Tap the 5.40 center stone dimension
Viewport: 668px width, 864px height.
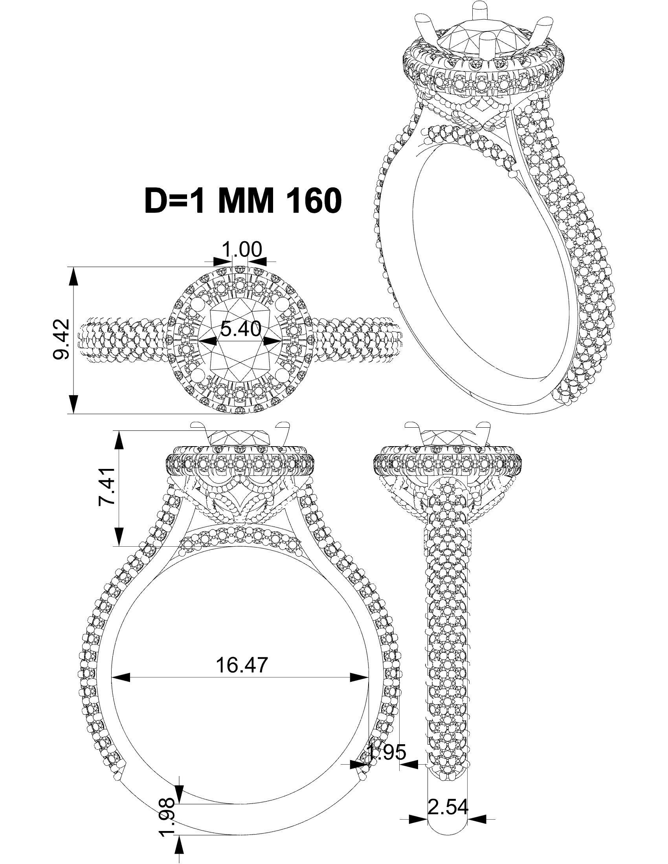tap(240, 328)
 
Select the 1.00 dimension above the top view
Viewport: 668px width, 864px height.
tap(241, 250)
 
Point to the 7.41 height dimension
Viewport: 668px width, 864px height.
tap(107, 486)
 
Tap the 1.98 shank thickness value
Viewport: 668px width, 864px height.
tap(166, 817)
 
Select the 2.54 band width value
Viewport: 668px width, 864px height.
tap(448, 807)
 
